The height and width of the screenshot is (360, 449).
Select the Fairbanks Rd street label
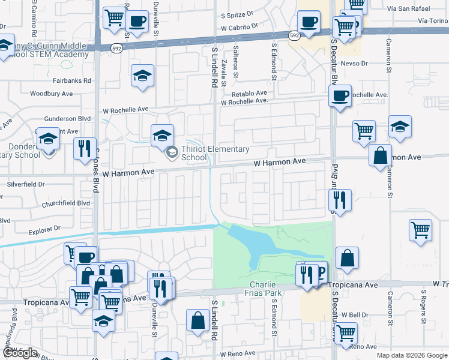coord(71,80)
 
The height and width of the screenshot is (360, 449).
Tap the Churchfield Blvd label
coord(65,203)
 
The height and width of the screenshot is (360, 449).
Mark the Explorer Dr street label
coord(45,229)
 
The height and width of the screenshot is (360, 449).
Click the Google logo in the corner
coord(20,353)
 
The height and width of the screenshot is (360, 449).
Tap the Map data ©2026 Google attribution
coord(412,355)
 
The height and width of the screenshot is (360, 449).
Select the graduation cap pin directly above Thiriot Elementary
coord(162,136)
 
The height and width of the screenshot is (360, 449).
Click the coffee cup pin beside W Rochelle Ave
coord(340,95)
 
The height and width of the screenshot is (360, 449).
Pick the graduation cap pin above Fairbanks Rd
coord(142,76)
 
